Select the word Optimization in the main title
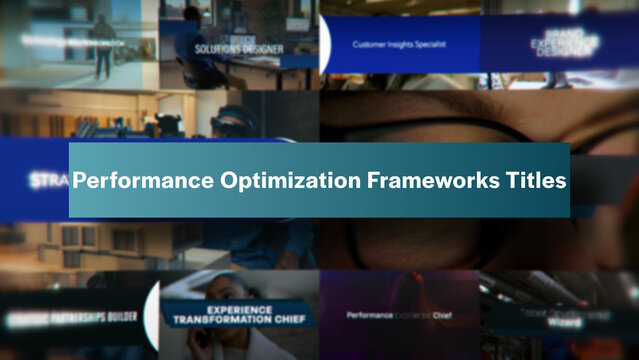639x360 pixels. (265, 182)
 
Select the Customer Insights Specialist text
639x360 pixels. (400, 44)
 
